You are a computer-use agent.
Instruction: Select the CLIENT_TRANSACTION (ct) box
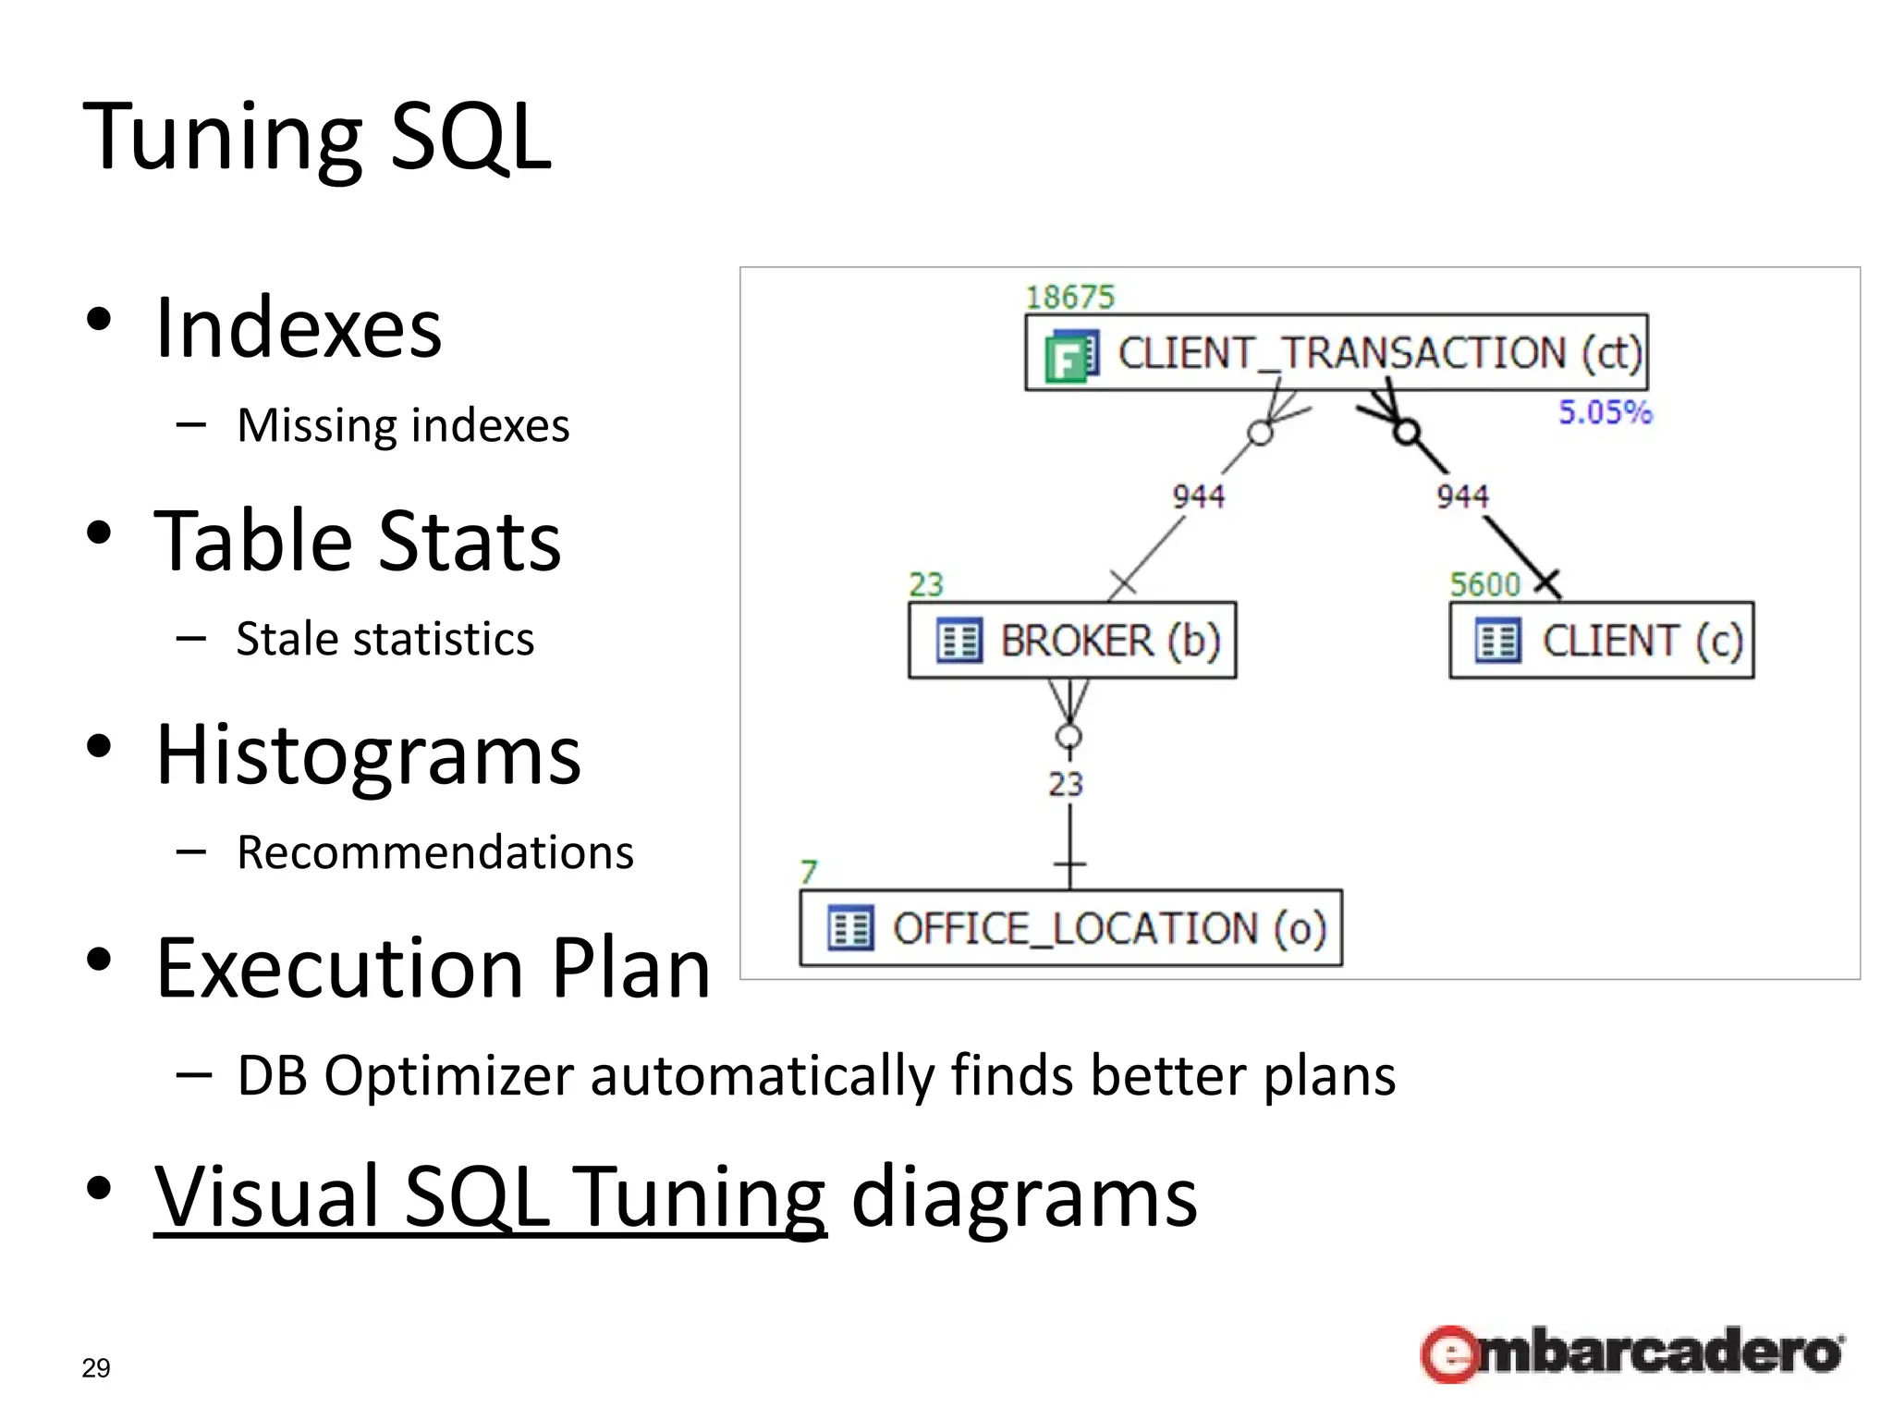[x=1336, y=353]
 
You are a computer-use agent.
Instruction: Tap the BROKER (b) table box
[x=1072, y=641]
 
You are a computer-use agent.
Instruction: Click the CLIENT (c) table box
[x=1601, y=641]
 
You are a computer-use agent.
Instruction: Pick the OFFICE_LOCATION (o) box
[x=1070, y=928]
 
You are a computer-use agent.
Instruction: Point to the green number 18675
[x=1069, y=297]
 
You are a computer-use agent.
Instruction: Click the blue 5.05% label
[x=1605, y=411]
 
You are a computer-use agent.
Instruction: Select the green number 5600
[x=1484, y=584]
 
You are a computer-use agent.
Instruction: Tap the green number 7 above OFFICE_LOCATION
[x=809, y=872]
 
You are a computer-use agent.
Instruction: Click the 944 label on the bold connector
[x=1462, y=496]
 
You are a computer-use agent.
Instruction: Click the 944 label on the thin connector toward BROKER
[x=1198, y=496]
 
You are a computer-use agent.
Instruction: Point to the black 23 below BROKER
[x=1065, y=784]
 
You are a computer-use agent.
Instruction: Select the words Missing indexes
[x=403, y=425]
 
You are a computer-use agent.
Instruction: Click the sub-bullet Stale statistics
[x=385, y=639]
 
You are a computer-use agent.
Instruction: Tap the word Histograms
[x=368, y=755]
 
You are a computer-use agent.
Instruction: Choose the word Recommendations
[x=435, y=852]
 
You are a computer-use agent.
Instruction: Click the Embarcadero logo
[x=1631, y=1353]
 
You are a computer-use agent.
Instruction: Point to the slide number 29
[x=96, y=1367]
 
